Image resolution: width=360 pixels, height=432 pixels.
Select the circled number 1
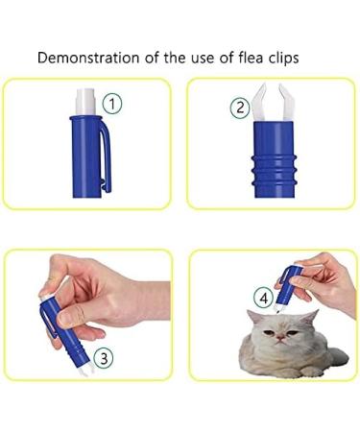click(113, 102)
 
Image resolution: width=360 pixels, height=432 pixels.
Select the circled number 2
click(240, 108)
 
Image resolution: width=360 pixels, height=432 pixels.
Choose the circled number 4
click(262, 297)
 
